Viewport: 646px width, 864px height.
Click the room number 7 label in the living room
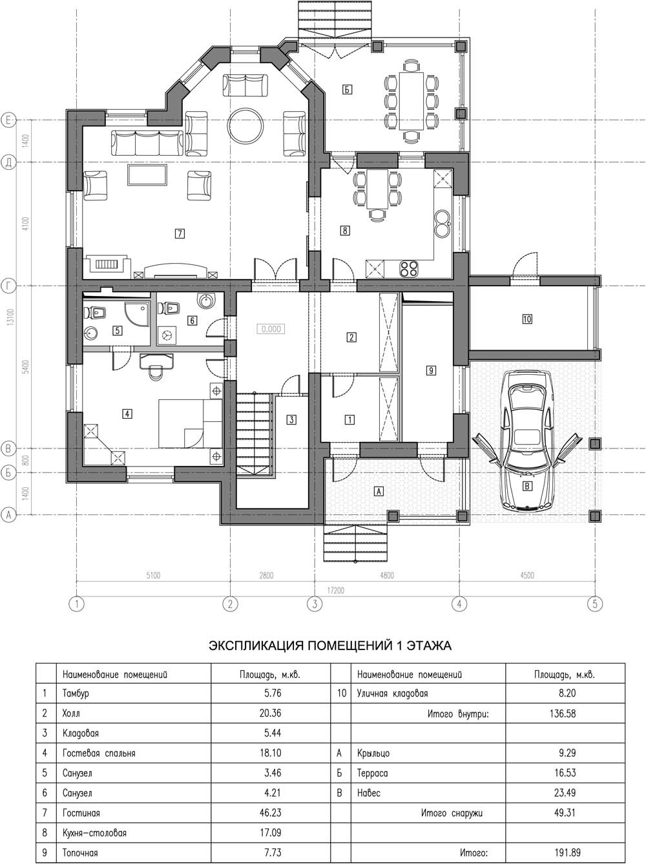180,234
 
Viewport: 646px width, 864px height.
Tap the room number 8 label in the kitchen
344,230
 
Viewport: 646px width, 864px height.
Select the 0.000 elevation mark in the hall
271,329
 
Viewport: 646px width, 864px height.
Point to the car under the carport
527,441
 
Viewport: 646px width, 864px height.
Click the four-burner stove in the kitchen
409,269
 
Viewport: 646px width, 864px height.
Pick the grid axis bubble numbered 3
315,604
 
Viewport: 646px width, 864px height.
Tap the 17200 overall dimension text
335,591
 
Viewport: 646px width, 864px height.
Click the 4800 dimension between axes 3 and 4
387,576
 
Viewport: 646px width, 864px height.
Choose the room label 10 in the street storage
526,319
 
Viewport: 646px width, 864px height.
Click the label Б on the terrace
347,90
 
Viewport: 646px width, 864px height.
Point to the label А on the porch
379,491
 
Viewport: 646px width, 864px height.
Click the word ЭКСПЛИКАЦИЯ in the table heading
255,646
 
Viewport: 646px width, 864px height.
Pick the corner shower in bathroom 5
138,314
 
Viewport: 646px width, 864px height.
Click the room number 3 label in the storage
291,419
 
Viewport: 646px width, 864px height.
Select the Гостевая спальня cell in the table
99,753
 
